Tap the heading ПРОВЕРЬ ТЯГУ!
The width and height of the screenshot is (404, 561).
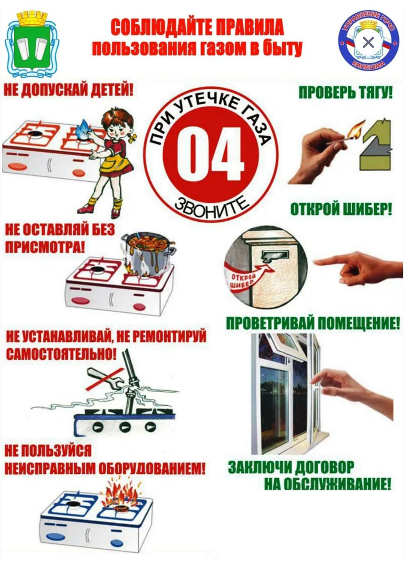tap(346, 94)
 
